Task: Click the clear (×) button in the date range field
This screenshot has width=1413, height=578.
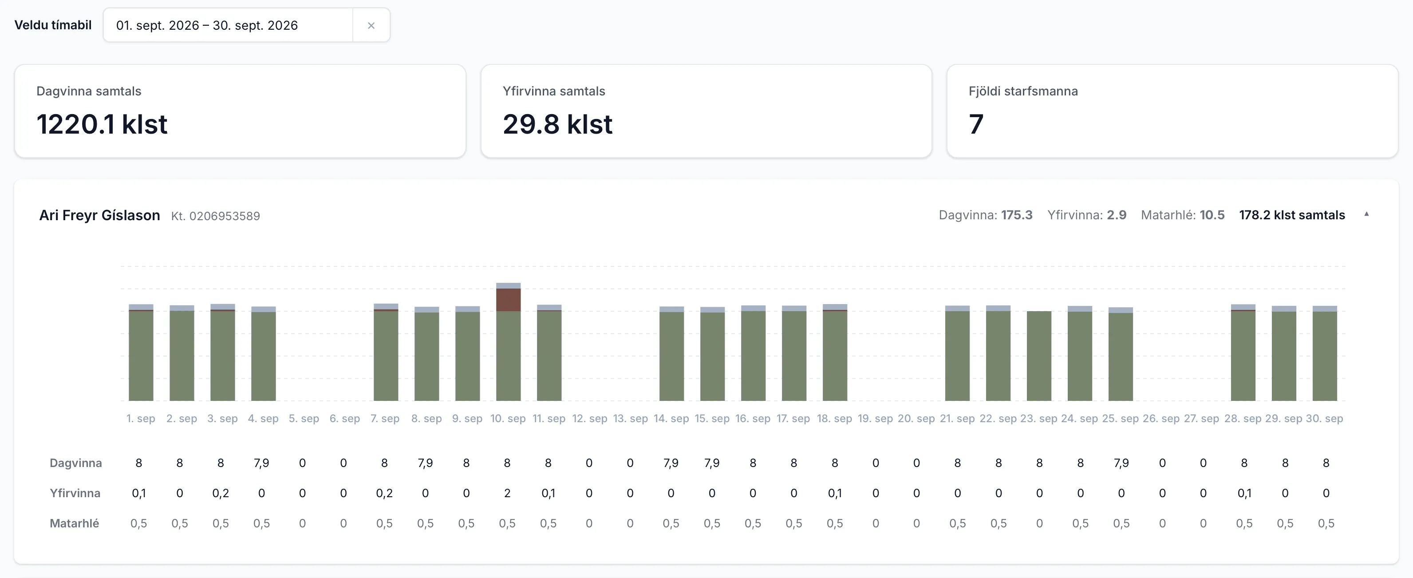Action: (371, 25)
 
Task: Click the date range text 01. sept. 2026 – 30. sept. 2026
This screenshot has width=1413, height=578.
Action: (207, 25)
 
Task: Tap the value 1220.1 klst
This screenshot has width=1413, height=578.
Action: (102, 124)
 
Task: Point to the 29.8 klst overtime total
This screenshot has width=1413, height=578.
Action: (557, 124)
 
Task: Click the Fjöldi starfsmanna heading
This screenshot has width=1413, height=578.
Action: (1023, 91)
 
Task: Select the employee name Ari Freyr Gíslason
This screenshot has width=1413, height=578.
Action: (99, 215)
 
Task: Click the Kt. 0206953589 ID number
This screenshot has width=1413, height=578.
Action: (216, 216)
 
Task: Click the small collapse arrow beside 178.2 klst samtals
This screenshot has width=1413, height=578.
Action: (1366, 214)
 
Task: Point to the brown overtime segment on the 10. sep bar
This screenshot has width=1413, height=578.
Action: (509, 300)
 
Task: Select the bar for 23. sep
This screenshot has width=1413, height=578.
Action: (1039, 356)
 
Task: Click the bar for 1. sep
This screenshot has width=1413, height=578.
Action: (141, 352)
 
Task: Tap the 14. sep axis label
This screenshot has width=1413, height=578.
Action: (671, 419)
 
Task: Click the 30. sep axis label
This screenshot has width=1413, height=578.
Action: (1325, 419)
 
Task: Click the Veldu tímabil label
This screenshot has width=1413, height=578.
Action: (53, 25)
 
